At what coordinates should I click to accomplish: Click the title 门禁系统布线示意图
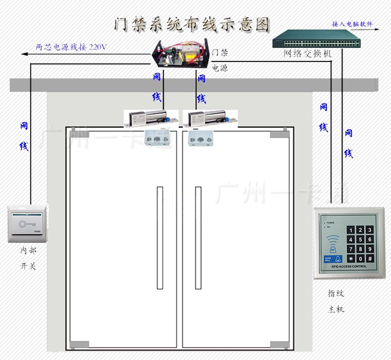(193, 24)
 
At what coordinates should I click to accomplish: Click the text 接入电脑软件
(352, 24)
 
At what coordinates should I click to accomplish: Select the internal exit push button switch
(28, 224)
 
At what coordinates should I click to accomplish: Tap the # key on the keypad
(370, 258)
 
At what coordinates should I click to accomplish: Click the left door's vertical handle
(160, 238)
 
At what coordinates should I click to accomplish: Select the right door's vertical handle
(198, 238)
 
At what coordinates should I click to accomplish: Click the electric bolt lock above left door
(146, 119)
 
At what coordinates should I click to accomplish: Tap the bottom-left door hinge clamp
(79, 344)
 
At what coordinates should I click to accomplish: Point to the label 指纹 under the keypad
(336, 293)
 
